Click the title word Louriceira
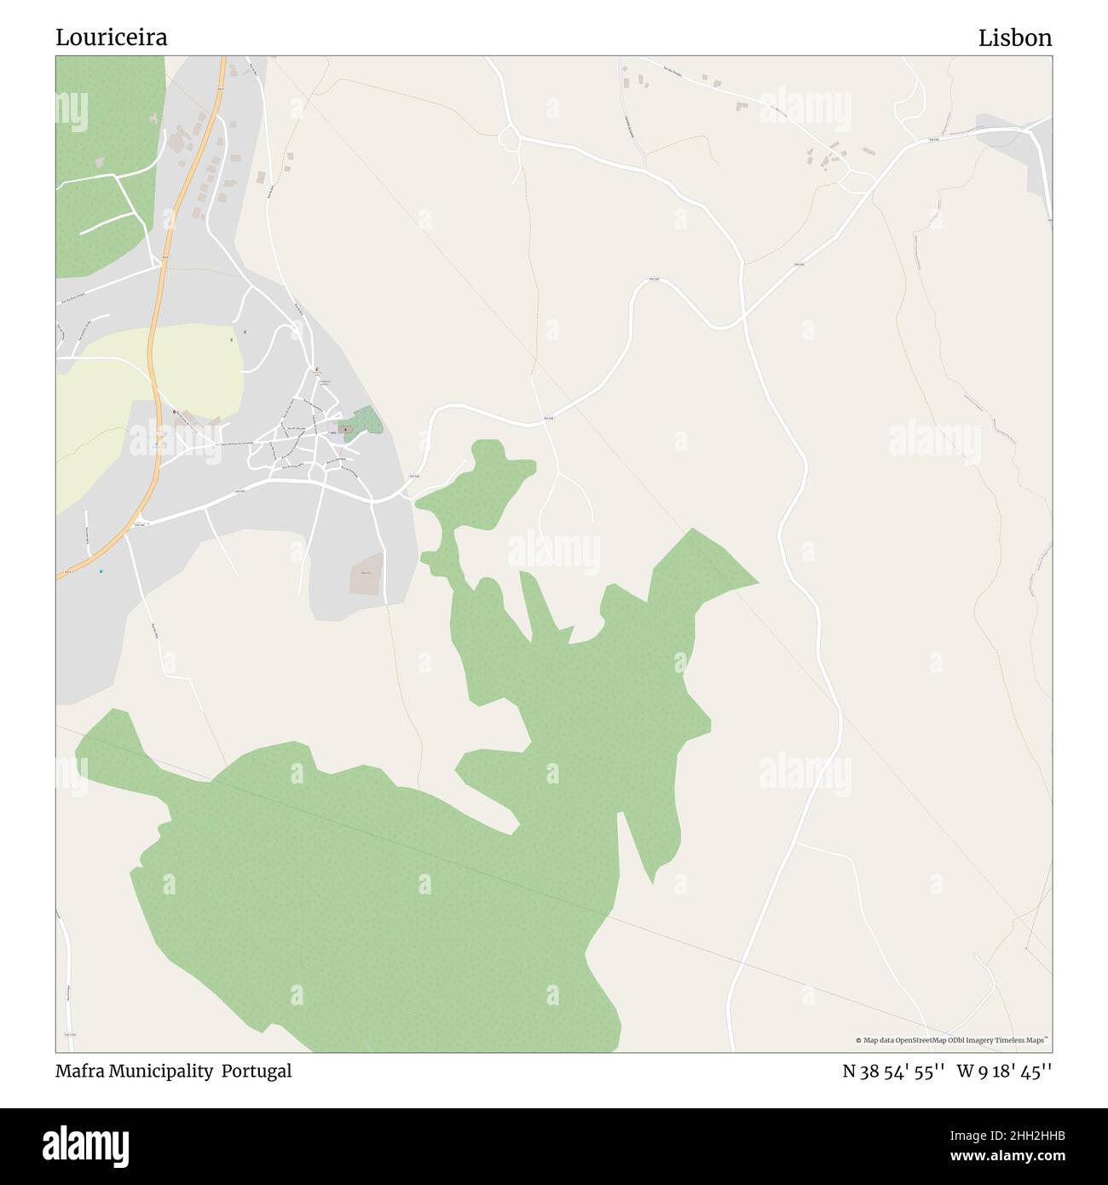click(x=112, y=38)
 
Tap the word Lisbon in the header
click(x=1014, y=38)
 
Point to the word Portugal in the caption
click(x=257, y=1071)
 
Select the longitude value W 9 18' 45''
click(x=1004, y=1071)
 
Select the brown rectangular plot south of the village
click(x=366, y=574)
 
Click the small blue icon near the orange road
click(x=101, y=570)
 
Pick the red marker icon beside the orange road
click(x=175, y=413)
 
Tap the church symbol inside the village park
click(x=345, y=430)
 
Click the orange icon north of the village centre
click(x=317, y=371)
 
